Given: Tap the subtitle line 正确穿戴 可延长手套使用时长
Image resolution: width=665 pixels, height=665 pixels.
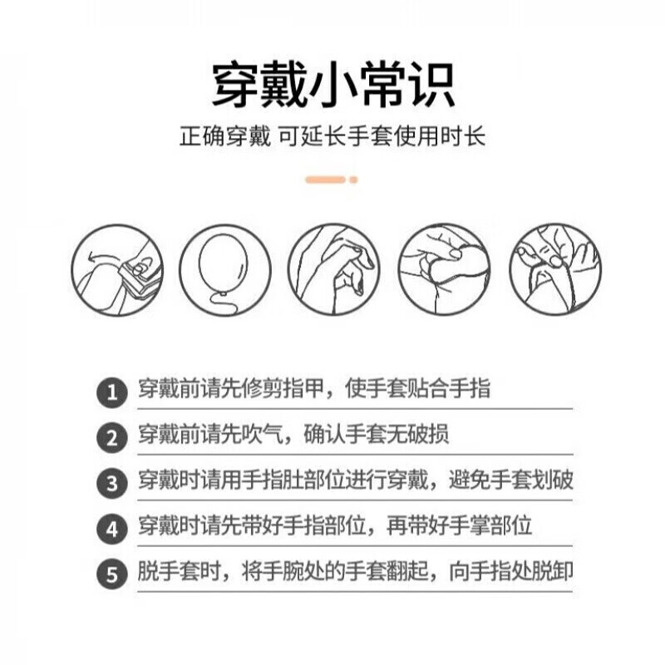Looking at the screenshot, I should click(332, 136).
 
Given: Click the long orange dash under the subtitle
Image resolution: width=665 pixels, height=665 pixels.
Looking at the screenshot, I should click(325, 180).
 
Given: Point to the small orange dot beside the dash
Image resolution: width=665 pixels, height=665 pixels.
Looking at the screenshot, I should click(353, 180).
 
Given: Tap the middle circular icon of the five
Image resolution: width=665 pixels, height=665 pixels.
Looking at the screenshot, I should click(332, 269).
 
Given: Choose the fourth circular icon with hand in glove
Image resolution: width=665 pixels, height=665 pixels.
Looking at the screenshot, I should click(444, 269).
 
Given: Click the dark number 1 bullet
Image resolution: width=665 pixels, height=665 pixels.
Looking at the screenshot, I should click(111, 392).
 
